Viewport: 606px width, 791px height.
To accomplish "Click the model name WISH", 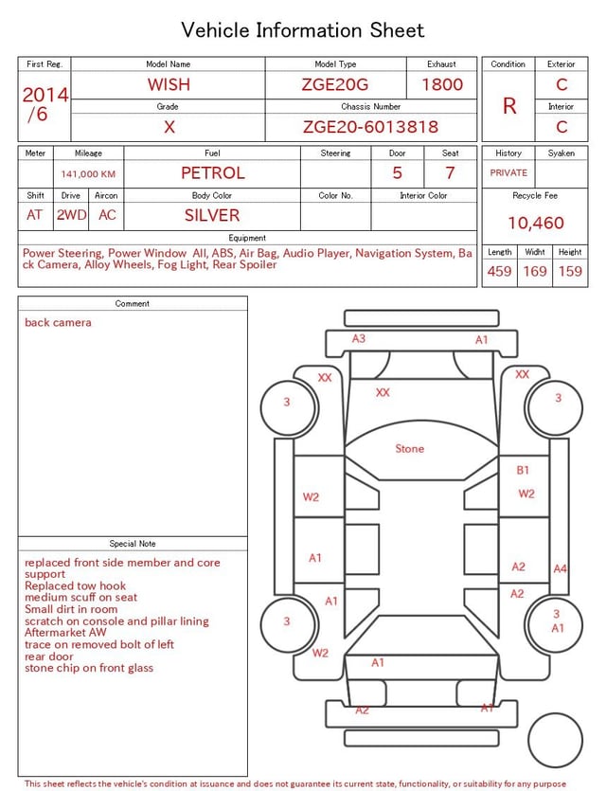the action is [x=169, y=84].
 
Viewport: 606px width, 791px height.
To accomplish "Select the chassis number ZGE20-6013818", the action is [x=370, y=127].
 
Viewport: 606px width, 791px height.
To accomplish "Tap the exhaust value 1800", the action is [x=442, y=84].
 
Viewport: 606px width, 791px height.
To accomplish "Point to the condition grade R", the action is [x=509, y=106].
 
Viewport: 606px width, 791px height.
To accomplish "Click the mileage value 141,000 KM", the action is [x=88, y=174].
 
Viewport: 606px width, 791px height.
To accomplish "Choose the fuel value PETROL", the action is [x=213, y=173].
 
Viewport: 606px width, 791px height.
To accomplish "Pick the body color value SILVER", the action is [x=212, y=215].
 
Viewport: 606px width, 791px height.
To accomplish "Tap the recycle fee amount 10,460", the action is [x=535, y=223].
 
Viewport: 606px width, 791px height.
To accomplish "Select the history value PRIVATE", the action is [x=508, y=172].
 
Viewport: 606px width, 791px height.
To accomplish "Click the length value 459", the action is [x=499, y=271].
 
